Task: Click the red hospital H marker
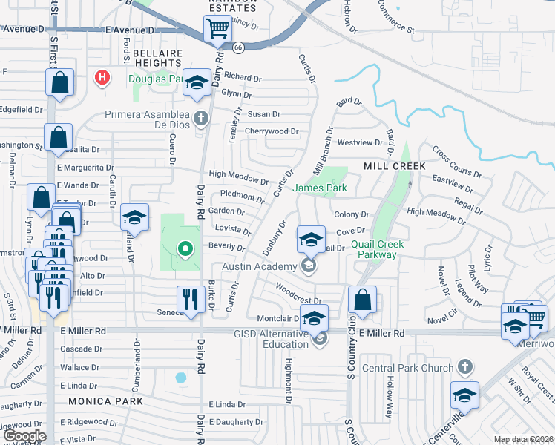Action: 102,76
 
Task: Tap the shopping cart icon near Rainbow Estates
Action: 218,30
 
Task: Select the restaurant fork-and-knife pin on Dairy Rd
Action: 191,299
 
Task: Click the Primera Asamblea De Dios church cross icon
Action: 200,117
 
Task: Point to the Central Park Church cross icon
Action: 464,366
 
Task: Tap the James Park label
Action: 320,188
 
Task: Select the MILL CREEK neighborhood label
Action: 395,166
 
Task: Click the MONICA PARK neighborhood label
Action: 105,400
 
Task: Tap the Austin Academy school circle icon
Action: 309,266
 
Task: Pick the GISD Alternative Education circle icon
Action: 320,339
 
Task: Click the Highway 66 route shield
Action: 237,47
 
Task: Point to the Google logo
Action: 24,435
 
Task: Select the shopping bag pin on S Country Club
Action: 362,300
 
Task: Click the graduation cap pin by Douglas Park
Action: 197,83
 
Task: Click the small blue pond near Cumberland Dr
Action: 181,377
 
